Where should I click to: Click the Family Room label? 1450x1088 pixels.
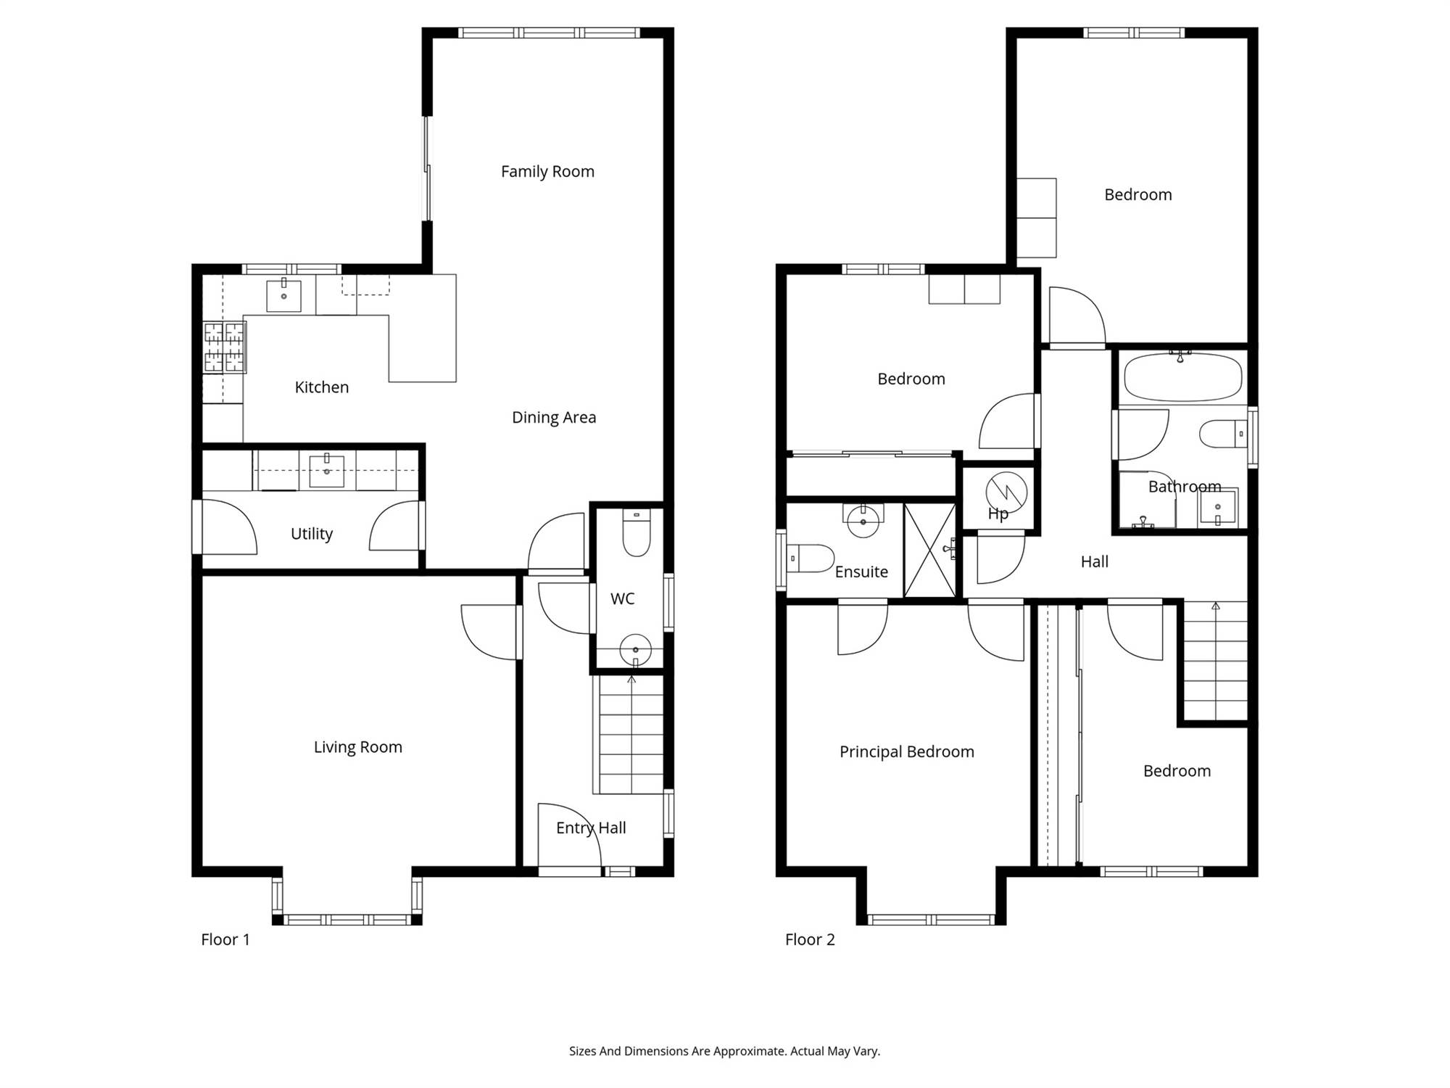click(x=547, y=172)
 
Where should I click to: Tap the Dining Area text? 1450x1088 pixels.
click(x=554, y=417)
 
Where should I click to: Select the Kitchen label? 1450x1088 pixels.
click(x=322, y=387)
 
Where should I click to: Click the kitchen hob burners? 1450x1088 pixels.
click(x=224, y=347)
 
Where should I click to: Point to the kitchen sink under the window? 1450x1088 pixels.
click(x=283, y=295)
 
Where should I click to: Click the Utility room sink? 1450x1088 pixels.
click(x=327, y=471)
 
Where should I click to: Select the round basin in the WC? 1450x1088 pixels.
click(x=636, y=649)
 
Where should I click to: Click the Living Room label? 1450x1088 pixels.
click(x=357, y=747)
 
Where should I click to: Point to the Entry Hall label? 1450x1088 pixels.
click(x=591, y=828)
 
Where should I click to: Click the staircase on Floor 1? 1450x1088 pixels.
click(x=629, y=735)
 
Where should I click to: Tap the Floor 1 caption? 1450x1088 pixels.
click(x=225, y=939)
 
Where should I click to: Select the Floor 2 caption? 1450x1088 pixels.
click(x=810, y=939)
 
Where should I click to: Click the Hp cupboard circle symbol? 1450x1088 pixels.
click(x=1006, y=493)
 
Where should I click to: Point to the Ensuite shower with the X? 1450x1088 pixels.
click(x=930, y=551)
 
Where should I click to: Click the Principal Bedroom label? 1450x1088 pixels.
click(x=907, y=752)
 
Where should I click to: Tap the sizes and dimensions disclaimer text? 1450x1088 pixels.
click(x=724, y=1051)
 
